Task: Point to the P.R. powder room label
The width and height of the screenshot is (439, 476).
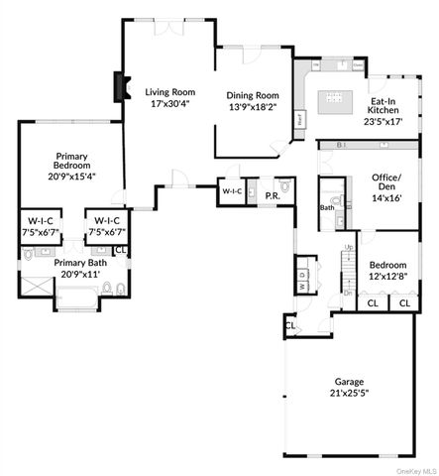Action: point(271,196)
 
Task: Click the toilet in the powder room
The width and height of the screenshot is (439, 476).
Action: point(285,185)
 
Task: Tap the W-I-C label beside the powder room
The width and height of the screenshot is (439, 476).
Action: point(232,190)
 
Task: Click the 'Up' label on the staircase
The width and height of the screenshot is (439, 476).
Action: point(349,247)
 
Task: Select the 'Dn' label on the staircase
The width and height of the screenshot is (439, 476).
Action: point(348,293)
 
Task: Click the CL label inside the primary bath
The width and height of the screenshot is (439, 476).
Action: point(121,250)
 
